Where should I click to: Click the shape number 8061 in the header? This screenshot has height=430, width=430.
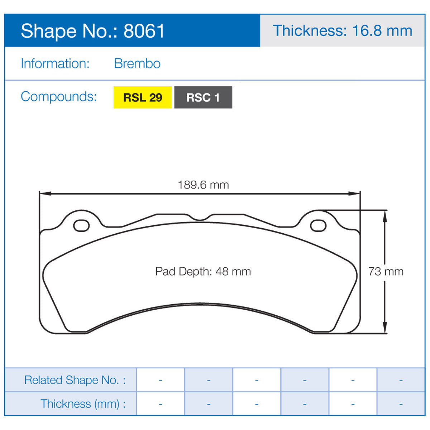pos(144,31)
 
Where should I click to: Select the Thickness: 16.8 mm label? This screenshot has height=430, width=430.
pos(343,31)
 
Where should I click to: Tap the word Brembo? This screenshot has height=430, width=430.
pos(137,64)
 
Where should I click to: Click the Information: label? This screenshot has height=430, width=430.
pos(55,64)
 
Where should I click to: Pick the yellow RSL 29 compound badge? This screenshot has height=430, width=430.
pos(143,97)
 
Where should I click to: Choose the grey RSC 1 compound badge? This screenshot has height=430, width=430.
pos(203,97)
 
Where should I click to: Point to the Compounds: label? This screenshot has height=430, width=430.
pos(59,97)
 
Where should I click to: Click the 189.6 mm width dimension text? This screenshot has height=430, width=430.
pos(203,185)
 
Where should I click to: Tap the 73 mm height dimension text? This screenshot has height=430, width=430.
pos(386,272)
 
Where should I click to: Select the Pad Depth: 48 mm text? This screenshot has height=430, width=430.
pos(203,272)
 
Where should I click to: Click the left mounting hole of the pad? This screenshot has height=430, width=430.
pos(81,226)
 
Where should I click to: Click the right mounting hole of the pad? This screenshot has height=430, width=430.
pos(318,226)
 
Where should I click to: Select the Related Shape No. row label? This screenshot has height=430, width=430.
pos(75,380)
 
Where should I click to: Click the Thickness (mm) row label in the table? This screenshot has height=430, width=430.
pos(83,404)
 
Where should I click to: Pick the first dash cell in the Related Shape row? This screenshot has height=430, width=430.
pos(161,380)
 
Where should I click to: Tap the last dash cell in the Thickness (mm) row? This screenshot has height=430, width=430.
pos(401,404)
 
